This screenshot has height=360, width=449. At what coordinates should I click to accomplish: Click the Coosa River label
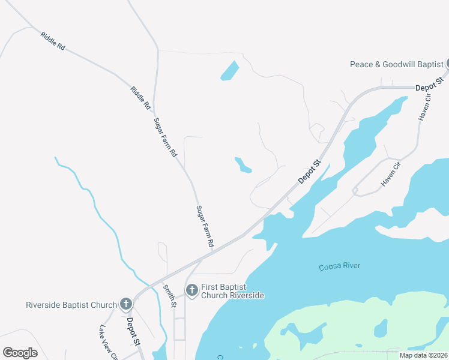tap(340, 266)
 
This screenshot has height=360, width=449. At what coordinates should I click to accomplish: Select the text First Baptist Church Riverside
tap(232, 291)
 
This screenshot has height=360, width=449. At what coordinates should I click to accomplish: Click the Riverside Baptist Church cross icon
tap(126, 304)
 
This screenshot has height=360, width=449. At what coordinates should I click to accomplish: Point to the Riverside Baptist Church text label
tap(71, 305)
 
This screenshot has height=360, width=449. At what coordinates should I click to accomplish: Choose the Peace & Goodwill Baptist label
tap(397, 64)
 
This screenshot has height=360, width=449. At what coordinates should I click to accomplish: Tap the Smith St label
tap(170, 296)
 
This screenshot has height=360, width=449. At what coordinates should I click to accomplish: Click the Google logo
tap(20, 353)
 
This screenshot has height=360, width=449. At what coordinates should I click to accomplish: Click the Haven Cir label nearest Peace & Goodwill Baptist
tap(425, 109)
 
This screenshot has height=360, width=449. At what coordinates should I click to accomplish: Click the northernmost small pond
tap(229, 71)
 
